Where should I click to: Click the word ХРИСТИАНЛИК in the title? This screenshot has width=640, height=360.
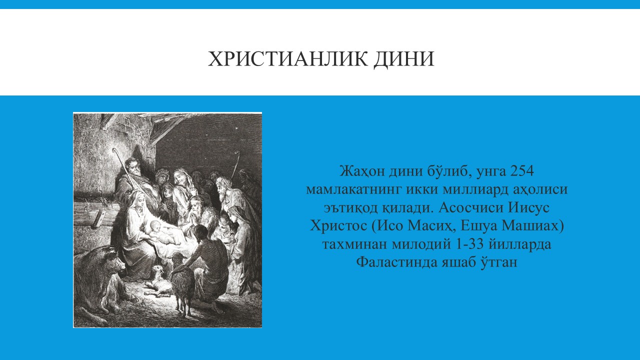(x=288, y=59)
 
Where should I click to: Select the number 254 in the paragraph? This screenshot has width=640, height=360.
(x=521, y=171)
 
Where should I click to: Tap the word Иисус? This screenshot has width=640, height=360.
(x=528, y=207)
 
